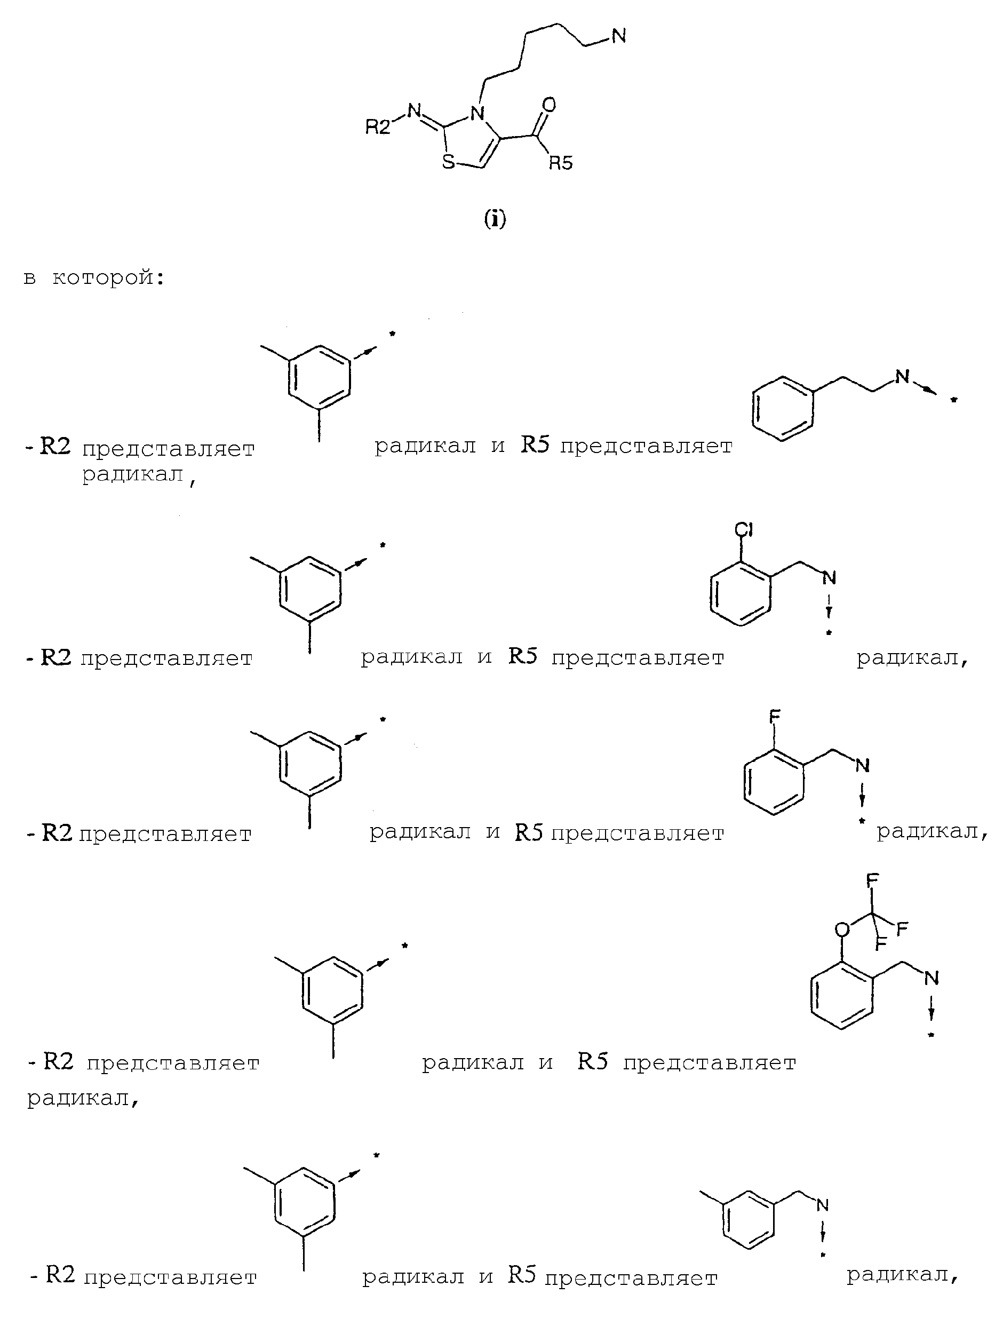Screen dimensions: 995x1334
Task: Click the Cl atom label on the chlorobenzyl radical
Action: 744,529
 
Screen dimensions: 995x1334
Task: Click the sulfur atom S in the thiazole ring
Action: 449,161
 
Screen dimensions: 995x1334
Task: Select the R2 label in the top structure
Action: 378,127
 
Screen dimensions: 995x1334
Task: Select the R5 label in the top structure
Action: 561,163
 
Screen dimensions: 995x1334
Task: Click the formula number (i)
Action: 495,220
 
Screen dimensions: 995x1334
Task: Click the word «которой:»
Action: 108,278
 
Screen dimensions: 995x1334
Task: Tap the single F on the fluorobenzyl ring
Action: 775,717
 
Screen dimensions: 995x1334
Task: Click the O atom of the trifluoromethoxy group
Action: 842,947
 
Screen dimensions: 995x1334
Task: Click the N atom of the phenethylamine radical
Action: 902,378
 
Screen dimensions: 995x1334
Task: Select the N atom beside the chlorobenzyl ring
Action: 830,578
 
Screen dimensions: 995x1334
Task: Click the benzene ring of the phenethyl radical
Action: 783,409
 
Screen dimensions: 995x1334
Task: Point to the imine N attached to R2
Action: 414,110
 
